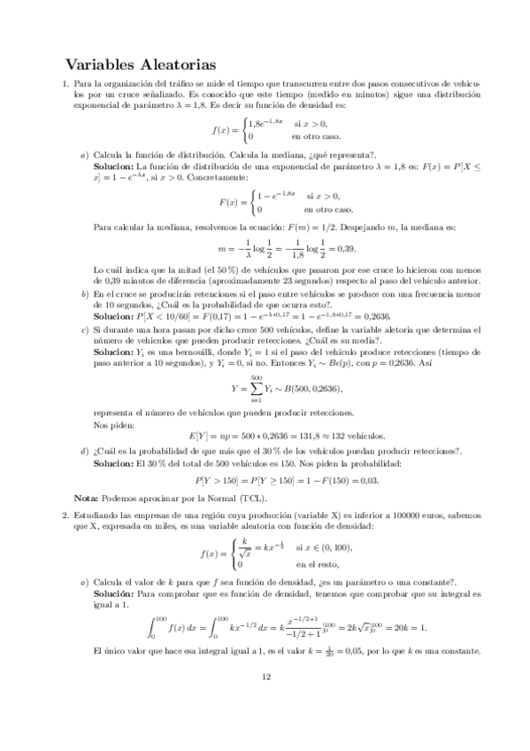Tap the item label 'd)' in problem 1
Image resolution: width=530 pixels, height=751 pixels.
(x=84, y=452)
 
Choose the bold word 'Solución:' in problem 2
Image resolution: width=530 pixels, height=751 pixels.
(x=113, y=594)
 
